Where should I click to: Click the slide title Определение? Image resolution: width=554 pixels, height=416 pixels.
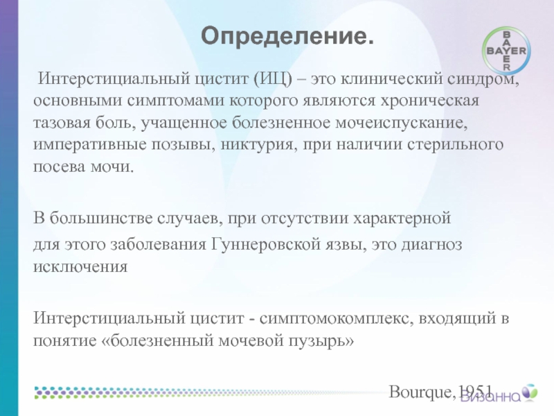pyautogui.click(x=287, y=37)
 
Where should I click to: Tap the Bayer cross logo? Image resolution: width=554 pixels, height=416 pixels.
pyautogui.click(x=506, y=51)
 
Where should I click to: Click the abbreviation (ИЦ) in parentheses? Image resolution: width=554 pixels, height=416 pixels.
pyautogui.click(x=273, y=78)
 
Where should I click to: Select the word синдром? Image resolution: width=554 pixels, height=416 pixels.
pyautogui.click(x=483, y=78)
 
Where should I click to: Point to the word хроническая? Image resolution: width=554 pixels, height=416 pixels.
pyautogui.click(x=429, y=101)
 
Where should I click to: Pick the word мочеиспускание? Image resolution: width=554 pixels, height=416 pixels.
pyautogui.click(x=401, y=123)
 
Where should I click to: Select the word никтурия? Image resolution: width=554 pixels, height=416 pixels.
pyautogui.click(x=259, y=145)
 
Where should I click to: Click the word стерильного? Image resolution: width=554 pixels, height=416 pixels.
pyautogui.click(x=455, y=145)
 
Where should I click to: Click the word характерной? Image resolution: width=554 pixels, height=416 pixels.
pyautogui.click(x=402, y=218)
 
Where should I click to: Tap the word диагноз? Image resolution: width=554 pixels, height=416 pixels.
pyautogui.click(x=431, y=245)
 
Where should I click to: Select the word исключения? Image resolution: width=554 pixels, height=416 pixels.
pyautogui.click(x=80, y=267)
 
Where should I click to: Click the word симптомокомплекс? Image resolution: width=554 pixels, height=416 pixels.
pyautogui.click(x=337, y=319)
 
